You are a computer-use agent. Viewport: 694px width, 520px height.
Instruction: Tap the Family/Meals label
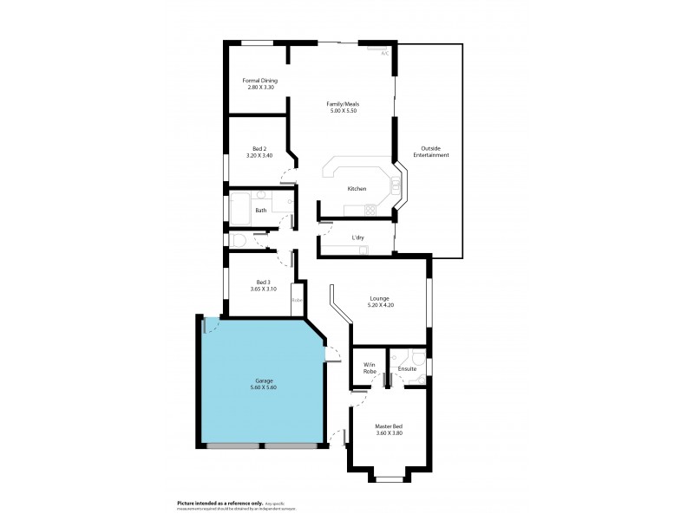click(343, 104)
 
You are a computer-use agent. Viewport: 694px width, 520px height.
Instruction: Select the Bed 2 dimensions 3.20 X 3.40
click(260, 156)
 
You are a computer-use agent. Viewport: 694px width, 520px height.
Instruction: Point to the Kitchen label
click(357, 188)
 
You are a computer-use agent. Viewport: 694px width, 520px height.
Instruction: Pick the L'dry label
click(357, 237)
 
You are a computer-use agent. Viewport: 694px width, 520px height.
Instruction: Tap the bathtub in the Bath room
click(240, 210)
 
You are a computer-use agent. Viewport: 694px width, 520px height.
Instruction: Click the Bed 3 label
click(263, 281)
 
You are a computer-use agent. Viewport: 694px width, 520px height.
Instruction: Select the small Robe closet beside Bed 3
click(297, 300)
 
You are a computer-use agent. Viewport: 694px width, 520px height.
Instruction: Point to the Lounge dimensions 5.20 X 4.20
click(381, 305)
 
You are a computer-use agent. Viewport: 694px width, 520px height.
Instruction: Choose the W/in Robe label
click(369, 367)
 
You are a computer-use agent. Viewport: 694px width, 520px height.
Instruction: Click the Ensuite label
click(407, 369)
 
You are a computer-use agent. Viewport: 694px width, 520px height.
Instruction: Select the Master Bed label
click(388, 426)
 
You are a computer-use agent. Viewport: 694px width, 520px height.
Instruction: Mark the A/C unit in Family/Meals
click(383, 51)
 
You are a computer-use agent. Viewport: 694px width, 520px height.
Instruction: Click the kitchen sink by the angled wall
click(396, 185)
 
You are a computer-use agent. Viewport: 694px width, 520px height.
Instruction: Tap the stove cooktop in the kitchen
click(370, 210)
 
